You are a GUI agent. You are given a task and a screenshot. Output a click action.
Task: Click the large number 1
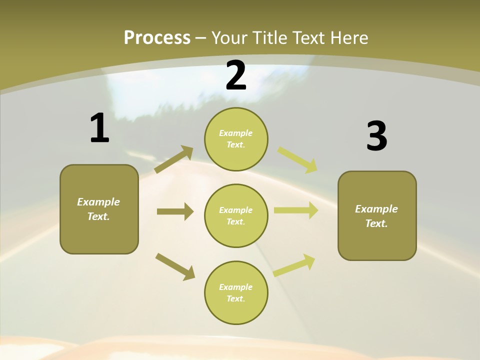[x=99, y=128]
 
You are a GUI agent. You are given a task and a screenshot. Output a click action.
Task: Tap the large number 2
[x=236, y=75]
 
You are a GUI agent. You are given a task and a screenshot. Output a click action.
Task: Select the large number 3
[x=376, y=136]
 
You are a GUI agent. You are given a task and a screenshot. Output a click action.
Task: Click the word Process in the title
[x=157, y=37]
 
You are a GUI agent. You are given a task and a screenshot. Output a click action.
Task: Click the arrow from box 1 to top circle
[x=174, y=159]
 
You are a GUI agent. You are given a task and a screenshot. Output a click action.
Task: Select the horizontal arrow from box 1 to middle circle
[x=175, y=211]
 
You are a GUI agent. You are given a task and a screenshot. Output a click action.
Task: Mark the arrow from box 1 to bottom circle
[x=175, y=266]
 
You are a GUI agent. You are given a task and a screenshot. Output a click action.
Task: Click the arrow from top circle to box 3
[x=297, y=159]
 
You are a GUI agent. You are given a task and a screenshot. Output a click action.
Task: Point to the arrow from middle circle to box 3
[x=296, y=210]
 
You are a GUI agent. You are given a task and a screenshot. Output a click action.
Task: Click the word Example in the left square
[x=98, y=202]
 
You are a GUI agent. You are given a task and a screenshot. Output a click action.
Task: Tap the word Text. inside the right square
[x=376, y=223]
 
